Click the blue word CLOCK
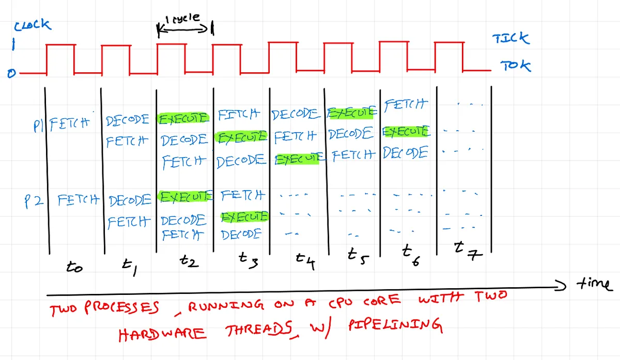pyautogui.click(x=33, y=25)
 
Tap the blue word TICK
pyautogui.click(x=511, y=38)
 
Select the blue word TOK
pyautogui.click(x=516, y=66)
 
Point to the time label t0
pyautogui.click(x=74, y=267)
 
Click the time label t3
pyautogui.click(x=249, y=260)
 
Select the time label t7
pyautogui.click(x=468, y=251)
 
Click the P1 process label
pyautogui.click(x=38, y=126)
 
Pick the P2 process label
pyautogui.click(x=34, y=201)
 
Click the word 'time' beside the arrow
pyautogui.click(x=595, y=284)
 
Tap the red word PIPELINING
pyautogui.click(x=395, y=325)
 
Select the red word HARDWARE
pyautogui.click(x=162, y=334)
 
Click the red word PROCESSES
pyautogui.click(x=121, y=307)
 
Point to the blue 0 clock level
pyautogui.click(x=11, y=74)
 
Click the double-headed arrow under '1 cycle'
pyautogui.click(x=183, y=29)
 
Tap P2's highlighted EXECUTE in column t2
pyautogui.click(x=185, y=197)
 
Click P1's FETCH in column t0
pyautogui.click(x=70, y=124)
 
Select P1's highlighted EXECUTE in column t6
pyautogui.click(x=406, y=131)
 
